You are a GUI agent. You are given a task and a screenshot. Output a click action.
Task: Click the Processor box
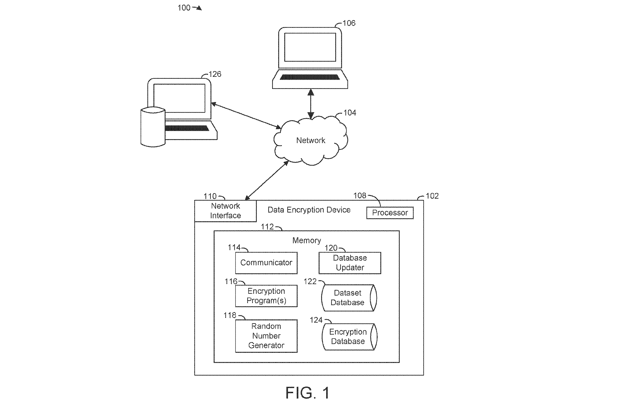coord(390,213)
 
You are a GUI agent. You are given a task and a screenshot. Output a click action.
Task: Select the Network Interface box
coord(225,211)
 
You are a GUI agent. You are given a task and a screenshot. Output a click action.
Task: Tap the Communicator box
coord(266,263)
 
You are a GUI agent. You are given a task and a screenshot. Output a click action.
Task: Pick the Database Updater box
coord(350,263)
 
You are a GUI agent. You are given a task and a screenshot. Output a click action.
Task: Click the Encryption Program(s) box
coord(266,296)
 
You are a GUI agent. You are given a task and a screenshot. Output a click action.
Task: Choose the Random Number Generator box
coord(266,336)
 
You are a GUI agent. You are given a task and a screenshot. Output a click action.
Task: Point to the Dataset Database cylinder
coord(349,298)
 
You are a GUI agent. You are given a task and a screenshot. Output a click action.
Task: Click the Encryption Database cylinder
coord(349,337)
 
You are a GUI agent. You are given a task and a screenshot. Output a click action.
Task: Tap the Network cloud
coord(311,140)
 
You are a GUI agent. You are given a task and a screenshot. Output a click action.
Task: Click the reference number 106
coord(349,23)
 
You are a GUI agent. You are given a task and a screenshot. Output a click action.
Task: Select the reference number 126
coord(215,74)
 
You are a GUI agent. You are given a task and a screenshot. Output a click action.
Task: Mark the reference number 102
coord(432,196)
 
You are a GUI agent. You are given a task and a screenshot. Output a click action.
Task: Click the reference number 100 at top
coord(184,8)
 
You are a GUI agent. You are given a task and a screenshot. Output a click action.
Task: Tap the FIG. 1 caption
coord(308,393)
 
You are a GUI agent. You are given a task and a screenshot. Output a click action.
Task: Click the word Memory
coord(307,241)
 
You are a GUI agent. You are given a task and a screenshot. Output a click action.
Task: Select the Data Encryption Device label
coord(309,210)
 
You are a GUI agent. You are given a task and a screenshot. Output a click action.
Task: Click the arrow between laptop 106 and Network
coord(311,104)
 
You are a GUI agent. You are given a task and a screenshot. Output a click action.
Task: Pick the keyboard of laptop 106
coord(310,77)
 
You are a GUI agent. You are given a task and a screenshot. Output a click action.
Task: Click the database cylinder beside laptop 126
coord(153,127)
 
